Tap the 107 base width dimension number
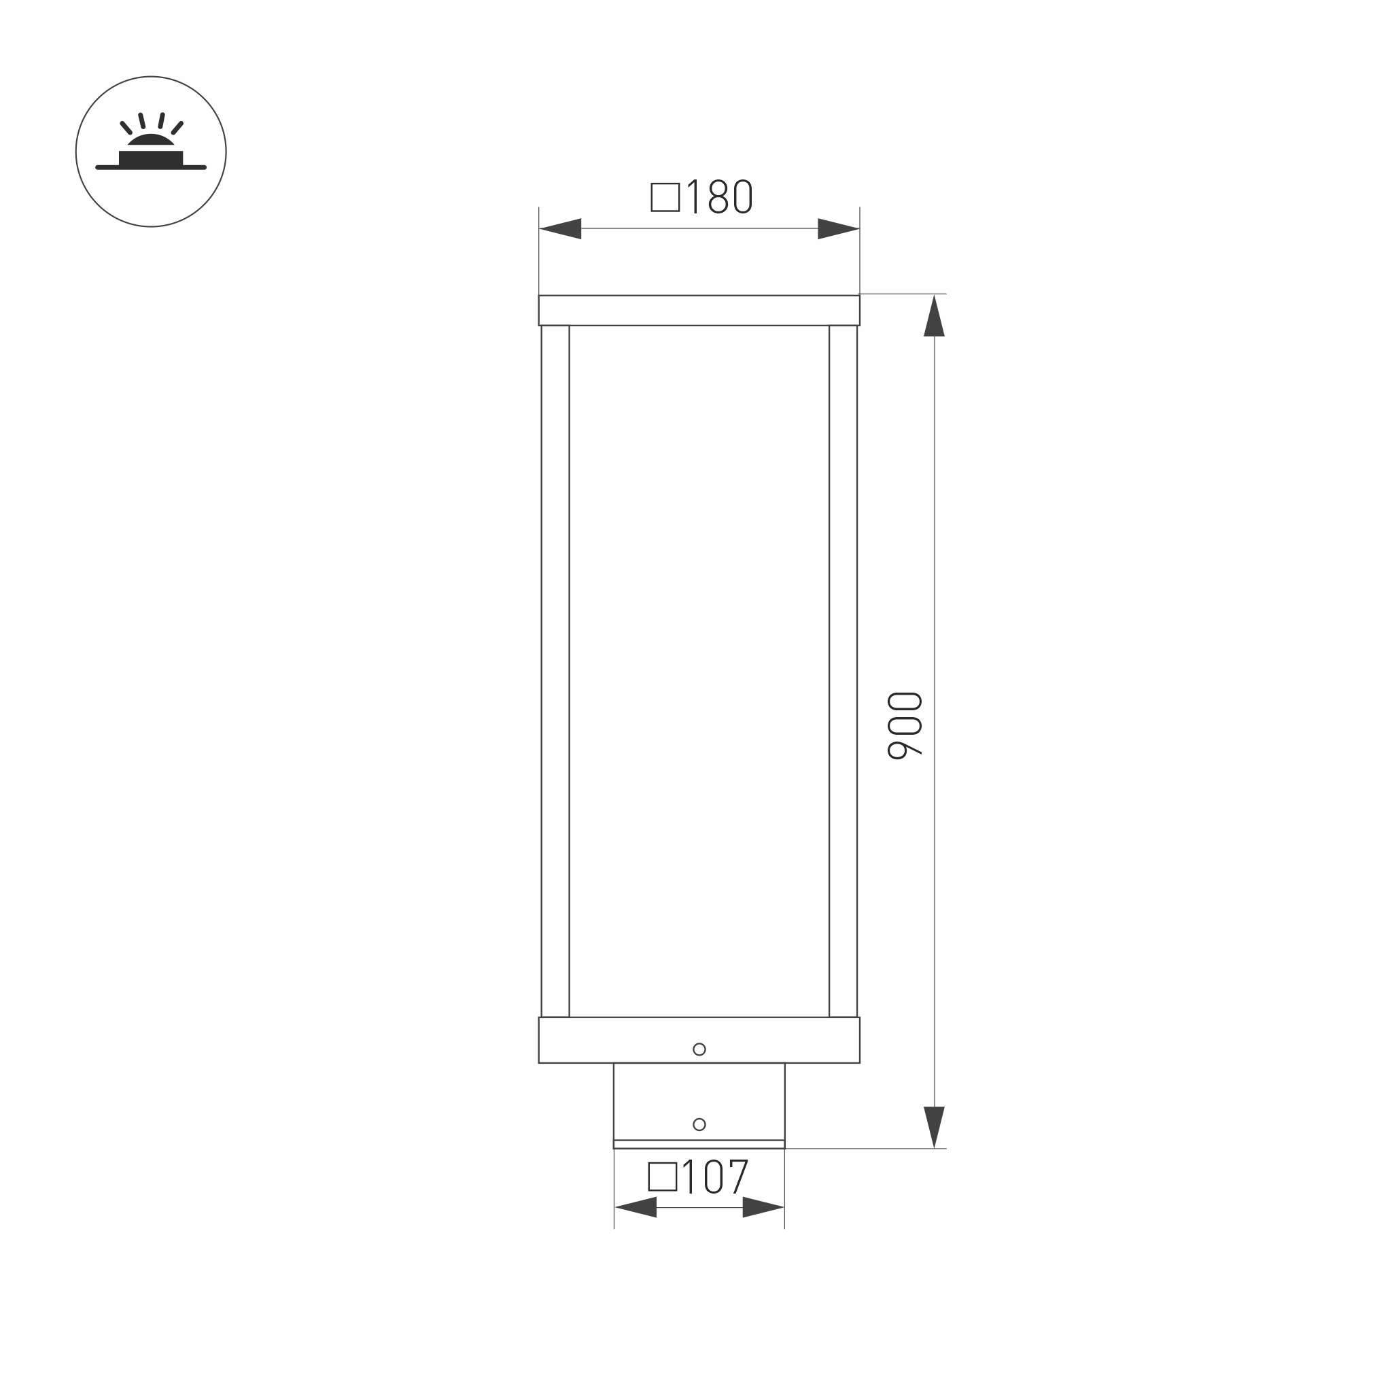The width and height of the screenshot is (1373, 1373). click(x=715, y=1177)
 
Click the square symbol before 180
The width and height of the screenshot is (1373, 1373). click(x=665, y=198)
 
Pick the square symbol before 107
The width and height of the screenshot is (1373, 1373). click(x=662, y=1177)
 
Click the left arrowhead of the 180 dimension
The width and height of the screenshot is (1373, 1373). click(x=560, y=229)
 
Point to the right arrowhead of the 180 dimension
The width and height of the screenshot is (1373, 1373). click(x=839, y=229)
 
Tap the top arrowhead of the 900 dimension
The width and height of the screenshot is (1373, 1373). click(x=934, y=315)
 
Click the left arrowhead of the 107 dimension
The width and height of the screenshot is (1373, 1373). click(x=636, y=1206)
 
